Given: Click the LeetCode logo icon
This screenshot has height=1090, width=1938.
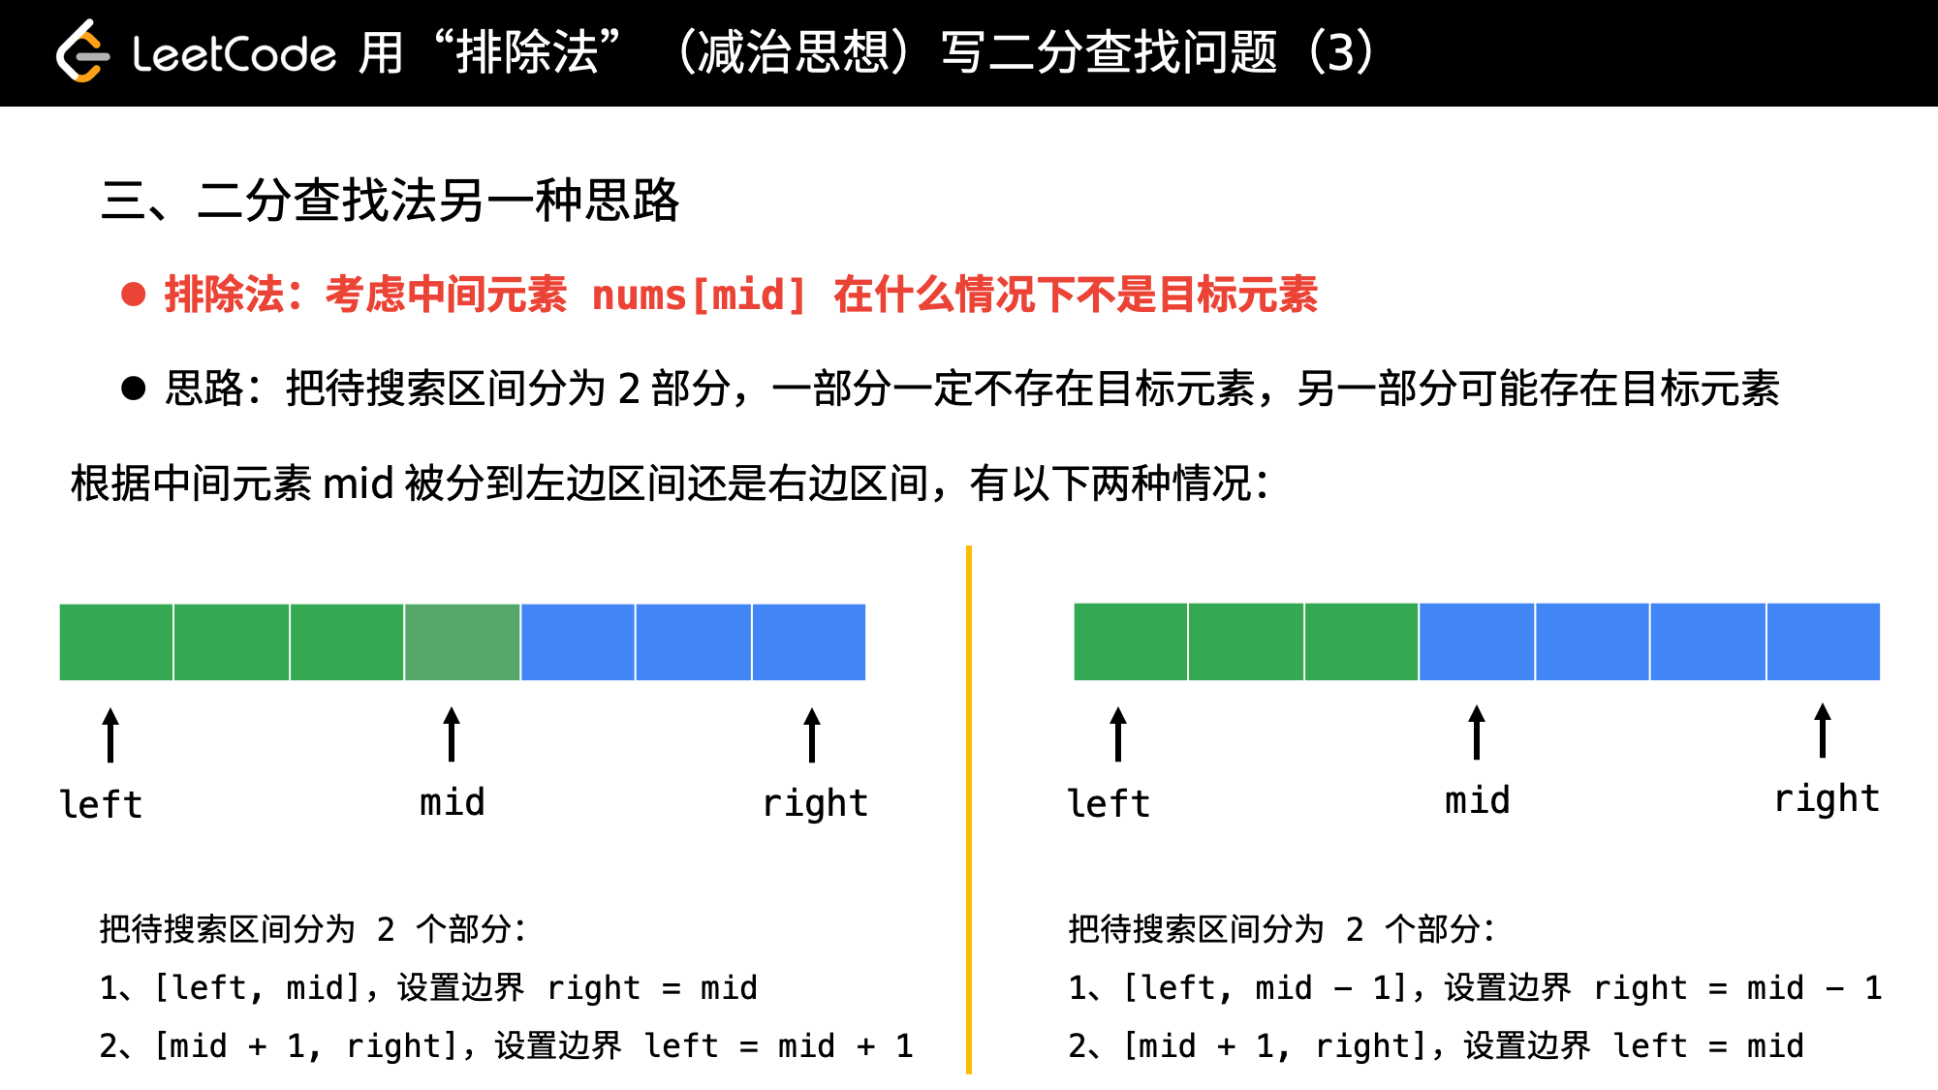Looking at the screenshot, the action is coord(81,51).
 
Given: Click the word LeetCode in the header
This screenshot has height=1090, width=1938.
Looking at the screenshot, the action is coord(234,53).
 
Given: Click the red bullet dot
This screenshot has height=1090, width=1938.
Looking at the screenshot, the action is coord(134,294).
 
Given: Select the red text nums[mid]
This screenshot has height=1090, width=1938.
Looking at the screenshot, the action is coord(699,295).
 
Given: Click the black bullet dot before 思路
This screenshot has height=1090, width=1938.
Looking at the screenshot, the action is coord(134,388).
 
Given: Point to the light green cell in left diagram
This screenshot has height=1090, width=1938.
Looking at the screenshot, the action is coord(462,642).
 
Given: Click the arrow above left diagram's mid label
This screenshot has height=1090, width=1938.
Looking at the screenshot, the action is coord(452,734).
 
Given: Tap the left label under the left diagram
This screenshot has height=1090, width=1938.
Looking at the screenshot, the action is coord(101,804).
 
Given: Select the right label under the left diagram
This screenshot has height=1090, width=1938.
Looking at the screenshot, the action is coord(815,803).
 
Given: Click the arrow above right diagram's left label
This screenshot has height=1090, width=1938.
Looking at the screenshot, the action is coord(1118,734).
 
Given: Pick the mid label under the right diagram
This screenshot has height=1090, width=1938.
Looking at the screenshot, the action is coord(1478,800).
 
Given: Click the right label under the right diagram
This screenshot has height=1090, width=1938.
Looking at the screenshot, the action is coord(1827,799).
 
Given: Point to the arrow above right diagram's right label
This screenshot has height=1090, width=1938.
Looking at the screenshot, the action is coord(1823,731).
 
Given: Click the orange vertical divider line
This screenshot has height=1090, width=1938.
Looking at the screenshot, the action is coord(969,810).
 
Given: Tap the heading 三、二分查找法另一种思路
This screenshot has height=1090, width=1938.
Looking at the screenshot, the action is coord(391,201).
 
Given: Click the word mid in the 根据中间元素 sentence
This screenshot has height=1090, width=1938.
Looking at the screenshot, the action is coord(358,483).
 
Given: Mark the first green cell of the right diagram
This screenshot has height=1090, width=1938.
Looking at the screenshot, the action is coord(1131,642).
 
